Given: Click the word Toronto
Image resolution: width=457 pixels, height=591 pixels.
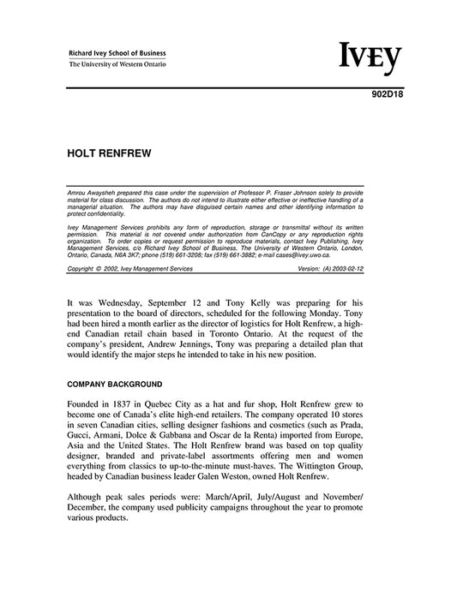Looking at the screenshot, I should [255, 328].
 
